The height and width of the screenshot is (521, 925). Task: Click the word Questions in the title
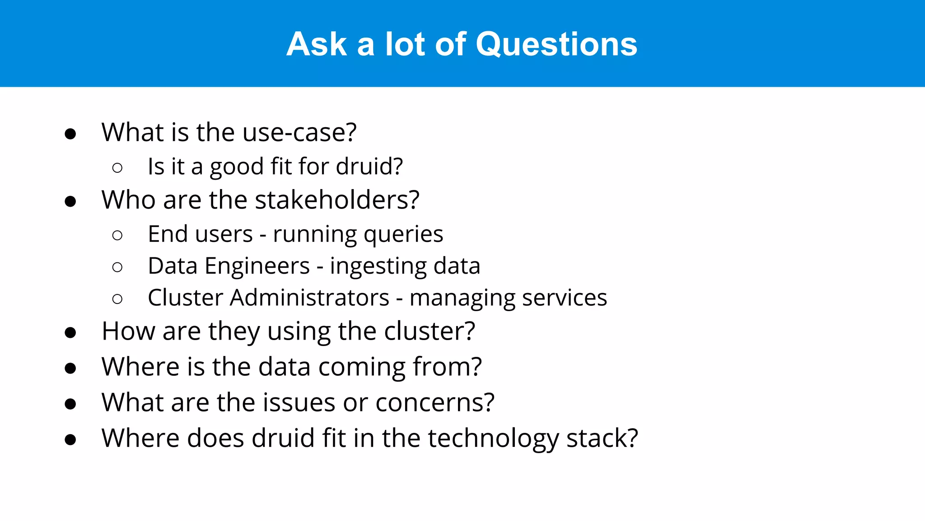click(556, 44)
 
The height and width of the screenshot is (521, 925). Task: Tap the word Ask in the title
click(317, 44)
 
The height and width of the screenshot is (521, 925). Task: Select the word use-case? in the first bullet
click(299, 133)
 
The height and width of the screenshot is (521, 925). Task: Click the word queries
click(403, 234)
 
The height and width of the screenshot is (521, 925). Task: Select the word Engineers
click(257, 266)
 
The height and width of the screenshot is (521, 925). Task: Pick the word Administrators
click(309, 298)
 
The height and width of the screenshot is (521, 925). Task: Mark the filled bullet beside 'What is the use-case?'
click(70, 134)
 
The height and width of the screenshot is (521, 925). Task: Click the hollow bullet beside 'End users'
click(117, 235)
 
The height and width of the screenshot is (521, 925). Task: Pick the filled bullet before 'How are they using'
click(70, 333)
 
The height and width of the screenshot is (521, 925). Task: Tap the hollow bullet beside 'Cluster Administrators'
click(117, 299)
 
